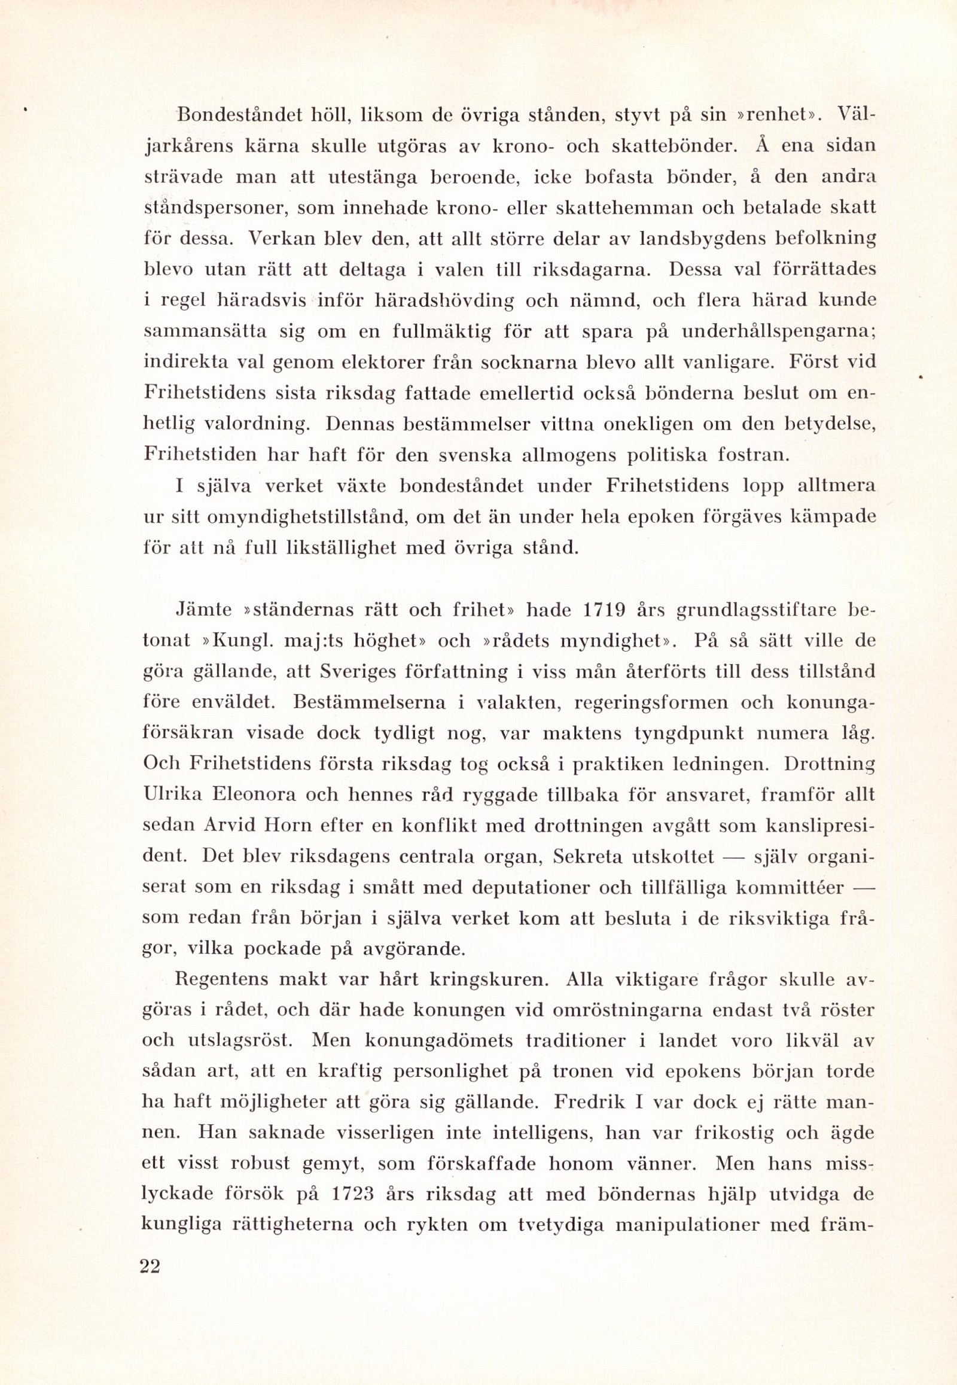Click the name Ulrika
(172, 795)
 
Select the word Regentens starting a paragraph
(221, 979)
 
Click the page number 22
(150, 1283)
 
